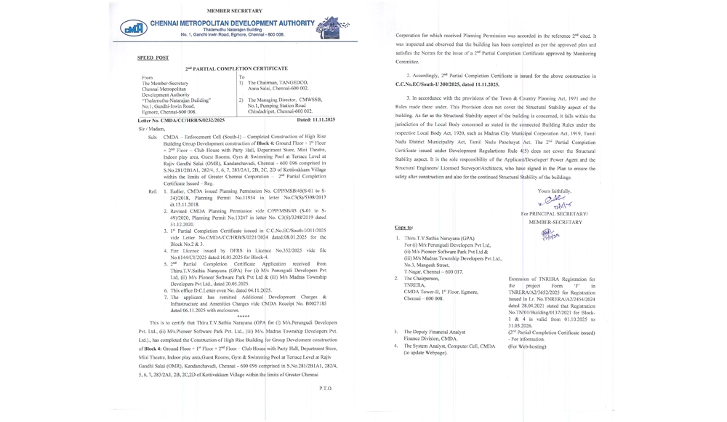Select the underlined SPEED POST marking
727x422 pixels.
coord(153,57)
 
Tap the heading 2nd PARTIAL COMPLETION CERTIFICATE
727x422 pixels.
coord(225,68)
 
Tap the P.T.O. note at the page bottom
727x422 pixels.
coord(325,389)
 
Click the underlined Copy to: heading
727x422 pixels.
coord(403,227)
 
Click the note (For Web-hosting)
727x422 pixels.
coord(527,346)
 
